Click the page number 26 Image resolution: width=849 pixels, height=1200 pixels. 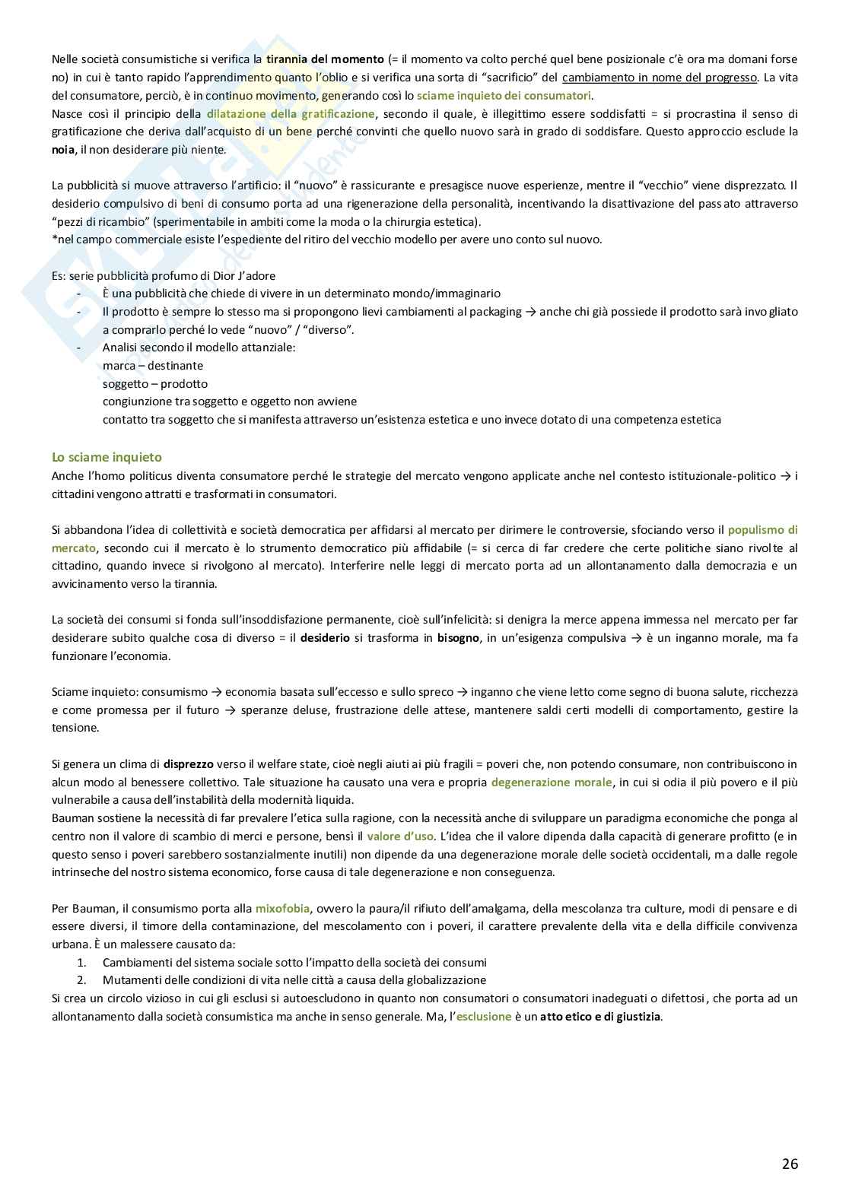789,1163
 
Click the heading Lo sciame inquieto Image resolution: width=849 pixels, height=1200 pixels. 107,457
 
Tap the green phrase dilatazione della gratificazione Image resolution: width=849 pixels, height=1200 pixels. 291,113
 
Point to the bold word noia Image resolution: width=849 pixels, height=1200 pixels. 63,149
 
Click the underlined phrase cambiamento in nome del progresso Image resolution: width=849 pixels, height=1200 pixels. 660,77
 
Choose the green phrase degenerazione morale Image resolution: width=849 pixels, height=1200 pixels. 551,782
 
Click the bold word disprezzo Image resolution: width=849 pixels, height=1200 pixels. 189,763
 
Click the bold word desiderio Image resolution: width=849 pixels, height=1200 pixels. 325,637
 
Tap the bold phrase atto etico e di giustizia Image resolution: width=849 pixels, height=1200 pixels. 601,1016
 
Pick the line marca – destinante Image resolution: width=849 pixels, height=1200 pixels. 152,365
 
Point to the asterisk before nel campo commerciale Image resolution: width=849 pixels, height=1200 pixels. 54,240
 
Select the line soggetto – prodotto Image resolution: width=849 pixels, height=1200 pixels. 154,383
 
